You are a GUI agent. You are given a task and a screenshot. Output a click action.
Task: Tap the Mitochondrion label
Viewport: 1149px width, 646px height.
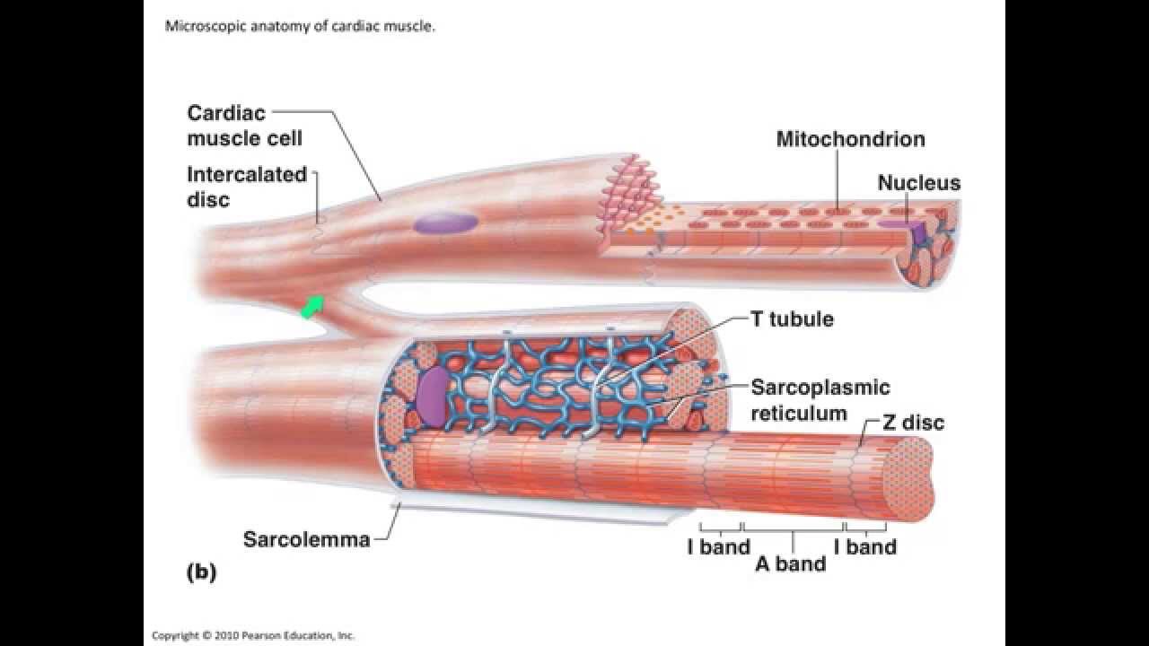850,139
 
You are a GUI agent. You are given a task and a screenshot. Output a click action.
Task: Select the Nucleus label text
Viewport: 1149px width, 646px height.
918,183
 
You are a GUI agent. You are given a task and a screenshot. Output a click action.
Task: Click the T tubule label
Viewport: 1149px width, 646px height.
791,319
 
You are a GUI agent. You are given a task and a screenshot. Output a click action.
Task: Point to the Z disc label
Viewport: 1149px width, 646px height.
913,422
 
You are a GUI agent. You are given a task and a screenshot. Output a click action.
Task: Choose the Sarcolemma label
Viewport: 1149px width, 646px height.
306,539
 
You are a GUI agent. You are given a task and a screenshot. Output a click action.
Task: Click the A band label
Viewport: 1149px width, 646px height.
790,564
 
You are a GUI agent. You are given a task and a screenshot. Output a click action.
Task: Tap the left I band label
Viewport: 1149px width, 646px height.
718,546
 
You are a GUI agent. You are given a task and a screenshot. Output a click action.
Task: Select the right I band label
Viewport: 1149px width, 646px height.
864,546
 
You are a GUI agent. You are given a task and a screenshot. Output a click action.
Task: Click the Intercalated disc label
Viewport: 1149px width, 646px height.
246,187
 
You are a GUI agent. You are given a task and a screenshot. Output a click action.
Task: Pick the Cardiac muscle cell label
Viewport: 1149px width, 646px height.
244,126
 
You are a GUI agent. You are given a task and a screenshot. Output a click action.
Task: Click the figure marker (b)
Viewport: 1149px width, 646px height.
201,572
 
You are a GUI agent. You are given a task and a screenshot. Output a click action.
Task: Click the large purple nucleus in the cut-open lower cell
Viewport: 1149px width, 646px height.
433,395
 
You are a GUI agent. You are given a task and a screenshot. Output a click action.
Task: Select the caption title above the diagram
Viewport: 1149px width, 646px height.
300,27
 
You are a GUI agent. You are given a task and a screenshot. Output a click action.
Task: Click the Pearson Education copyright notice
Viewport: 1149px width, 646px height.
253,635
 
